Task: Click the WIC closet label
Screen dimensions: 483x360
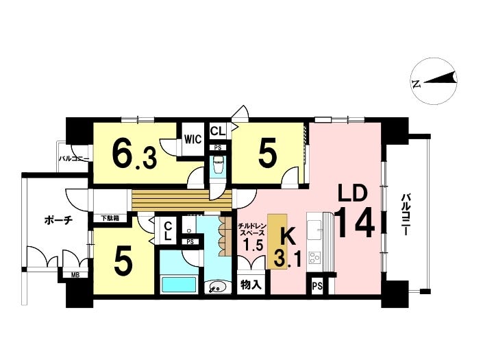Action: [193, 139]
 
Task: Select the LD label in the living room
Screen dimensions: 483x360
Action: [353, 193]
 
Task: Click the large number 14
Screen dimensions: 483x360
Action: [355, 223]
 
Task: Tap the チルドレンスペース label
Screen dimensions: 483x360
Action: [251, 229]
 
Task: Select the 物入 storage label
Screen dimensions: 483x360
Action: [251, 285]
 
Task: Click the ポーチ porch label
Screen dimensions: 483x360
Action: [58, 221]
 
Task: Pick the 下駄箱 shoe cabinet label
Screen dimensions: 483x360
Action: [110, 218]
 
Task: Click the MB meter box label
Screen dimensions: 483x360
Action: [75, 275]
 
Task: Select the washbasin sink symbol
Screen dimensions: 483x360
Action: [217, 287]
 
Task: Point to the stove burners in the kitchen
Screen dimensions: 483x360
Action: [315, 259]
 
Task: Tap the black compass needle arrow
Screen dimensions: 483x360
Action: [441, 78]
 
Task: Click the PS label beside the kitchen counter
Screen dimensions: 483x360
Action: [317, 287]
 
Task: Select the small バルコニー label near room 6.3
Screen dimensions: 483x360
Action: [74, 159]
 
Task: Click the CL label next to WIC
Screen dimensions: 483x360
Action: [218, 131]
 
